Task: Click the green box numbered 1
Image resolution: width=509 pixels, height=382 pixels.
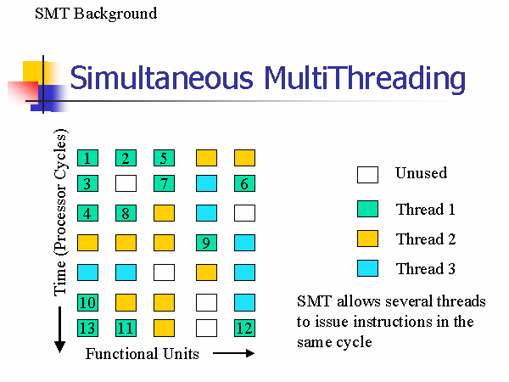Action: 87,158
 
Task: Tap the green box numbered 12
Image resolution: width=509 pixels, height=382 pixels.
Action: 244,329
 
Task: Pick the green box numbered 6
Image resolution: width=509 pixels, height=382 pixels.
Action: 244,183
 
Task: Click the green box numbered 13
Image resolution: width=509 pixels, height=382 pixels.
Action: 87,329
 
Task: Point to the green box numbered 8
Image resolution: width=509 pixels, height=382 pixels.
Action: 126,213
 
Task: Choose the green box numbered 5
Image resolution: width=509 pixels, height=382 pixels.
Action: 164,158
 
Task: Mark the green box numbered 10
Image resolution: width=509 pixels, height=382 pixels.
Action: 87,302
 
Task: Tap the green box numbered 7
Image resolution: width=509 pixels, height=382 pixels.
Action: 164,183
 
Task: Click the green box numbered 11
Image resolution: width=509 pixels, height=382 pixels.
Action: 126,329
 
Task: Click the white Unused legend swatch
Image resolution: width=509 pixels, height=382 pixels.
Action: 366,175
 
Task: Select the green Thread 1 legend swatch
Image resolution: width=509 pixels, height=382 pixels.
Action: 366,209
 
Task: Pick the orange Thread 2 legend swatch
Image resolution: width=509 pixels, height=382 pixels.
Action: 366,239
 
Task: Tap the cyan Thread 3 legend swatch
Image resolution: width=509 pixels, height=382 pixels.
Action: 366,268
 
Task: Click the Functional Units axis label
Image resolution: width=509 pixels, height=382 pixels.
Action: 142,354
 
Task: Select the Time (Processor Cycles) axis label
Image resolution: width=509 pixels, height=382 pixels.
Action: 60,212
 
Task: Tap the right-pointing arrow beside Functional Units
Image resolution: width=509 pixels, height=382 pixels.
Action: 233,354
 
